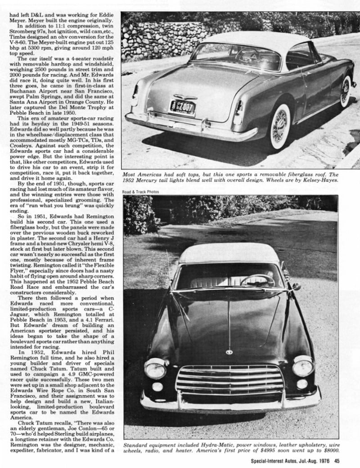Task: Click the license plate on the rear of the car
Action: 182,108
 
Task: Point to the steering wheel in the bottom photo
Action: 257,280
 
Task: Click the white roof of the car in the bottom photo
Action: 229,253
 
